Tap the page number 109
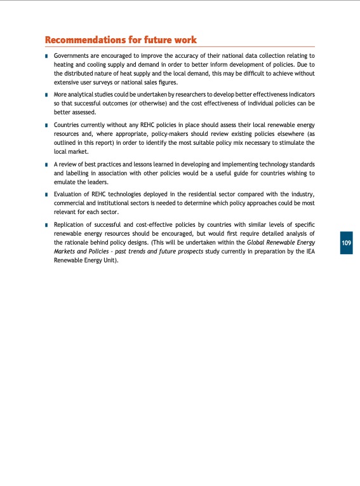click(346, 243)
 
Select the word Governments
click(74, 56)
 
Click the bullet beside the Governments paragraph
click(47, 57)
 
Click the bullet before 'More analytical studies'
click(47, 94)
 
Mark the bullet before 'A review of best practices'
click(47, 164)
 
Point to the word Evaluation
click(71, 194)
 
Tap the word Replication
click(72, 224)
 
